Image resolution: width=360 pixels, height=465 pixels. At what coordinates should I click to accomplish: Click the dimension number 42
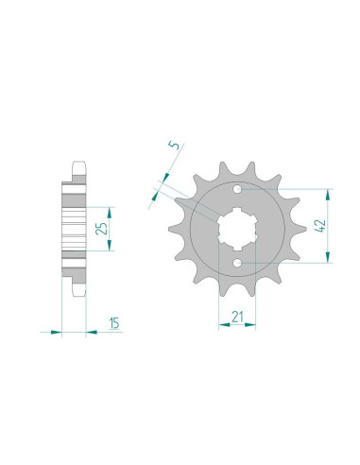(321, 226)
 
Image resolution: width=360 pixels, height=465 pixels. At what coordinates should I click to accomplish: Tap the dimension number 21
(237, 317)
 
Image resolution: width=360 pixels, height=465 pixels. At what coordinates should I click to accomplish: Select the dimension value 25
(101, 229)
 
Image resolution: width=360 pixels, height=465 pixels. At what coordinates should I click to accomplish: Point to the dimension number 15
(114, 323)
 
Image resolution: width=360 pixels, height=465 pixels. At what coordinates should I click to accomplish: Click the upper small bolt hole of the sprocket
(237, 190)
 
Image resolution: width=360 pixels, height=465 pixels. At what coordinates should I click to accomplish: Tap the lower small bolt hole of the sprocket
(237, 262)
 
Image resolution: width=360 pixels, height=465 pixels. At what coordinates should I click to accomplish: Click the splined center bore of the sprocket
(237, 227)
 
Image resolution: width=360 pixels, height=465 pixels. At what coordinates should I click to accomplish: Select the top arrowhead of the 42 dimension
(329, 195)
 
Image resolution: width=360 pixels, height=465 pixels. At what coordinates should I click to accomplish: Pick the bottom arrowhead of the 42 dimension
(329, 257)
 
